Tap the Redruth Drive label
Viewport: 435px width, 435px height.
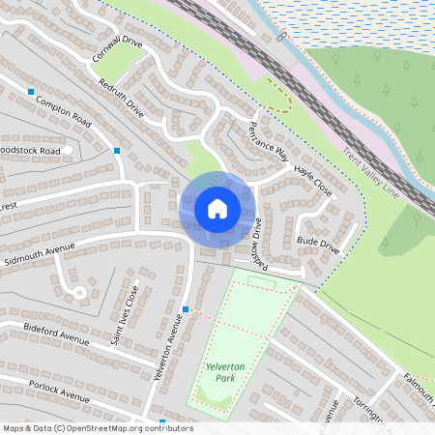(121, 99)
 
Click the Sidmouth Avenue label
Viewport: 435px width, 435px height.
(39, 254)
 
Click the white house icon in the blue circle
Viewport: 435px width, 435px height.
(217, 208)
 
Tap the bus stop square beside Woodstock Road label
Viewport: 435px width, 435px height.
(117, 151)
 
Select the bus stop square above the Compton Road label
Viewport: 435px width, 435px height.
(31, 92)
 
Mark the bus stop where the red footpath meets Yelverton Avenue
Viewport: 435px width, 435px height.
(185, 309)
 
